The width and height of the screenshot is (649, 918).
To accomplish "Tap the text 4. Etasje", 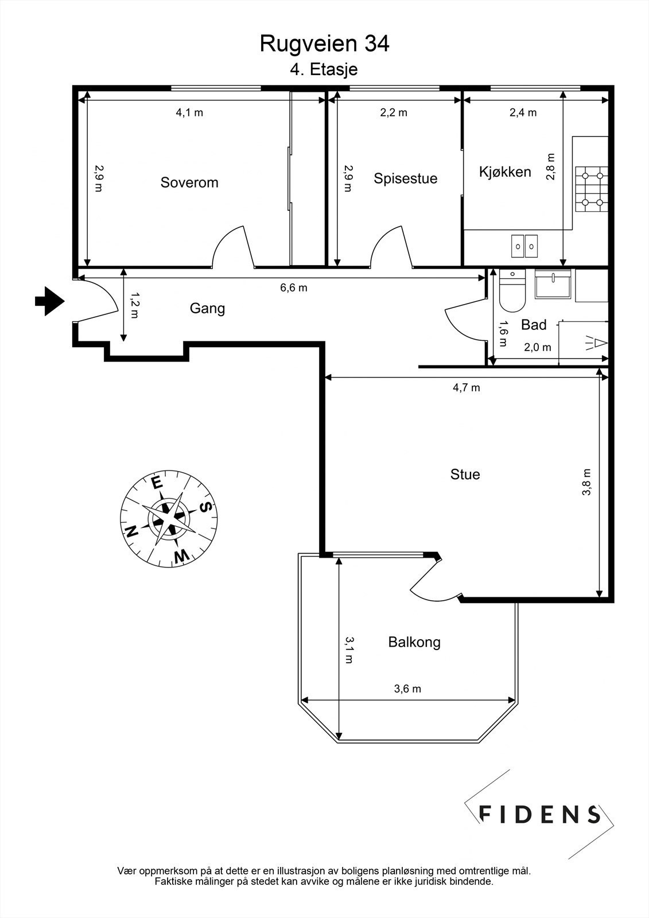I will click(x=324, y=69).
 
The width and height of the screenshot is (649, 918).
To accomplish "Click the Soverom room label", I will click(x=189, y=182).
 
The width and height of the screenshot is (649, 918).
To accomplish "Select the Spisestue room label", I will click(x=405, y=178).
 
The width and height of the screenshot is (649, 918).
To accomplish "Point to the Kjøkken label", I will click(x=505, y=172).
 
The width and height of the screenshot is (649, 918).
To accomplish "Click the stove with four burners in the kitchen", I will click(x=591, y=189).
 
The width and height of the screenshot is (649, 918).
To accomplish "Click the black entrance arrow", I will click(x=49, y=301).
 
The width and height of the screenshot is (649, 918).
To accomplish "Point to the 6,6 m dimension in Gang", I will click(x=293, y=287).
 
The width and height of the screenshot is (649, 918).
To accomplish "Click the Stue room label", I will click(x=465, y=474).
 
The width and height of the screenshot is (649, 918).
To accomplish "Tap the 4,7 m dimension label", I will click(x=466, y=388).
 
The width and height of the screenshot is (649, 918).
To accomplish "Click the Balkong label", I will click(x=414, y=642).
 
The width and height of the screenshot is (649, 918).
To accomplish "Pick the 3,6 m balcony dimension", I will click(x=407, y=689).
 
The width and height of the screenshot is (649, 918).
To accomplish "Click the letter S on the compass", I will click(x=206, y=507).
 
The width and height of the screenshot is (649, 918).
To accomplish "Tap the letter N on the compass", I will click(x=131, y=531).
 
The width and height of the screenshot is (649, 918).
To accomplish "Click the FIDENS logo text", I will click(x=539, y=814).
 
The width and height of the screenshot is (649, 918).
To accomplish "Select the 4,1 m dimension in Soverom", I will click(x=189, y=112).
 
